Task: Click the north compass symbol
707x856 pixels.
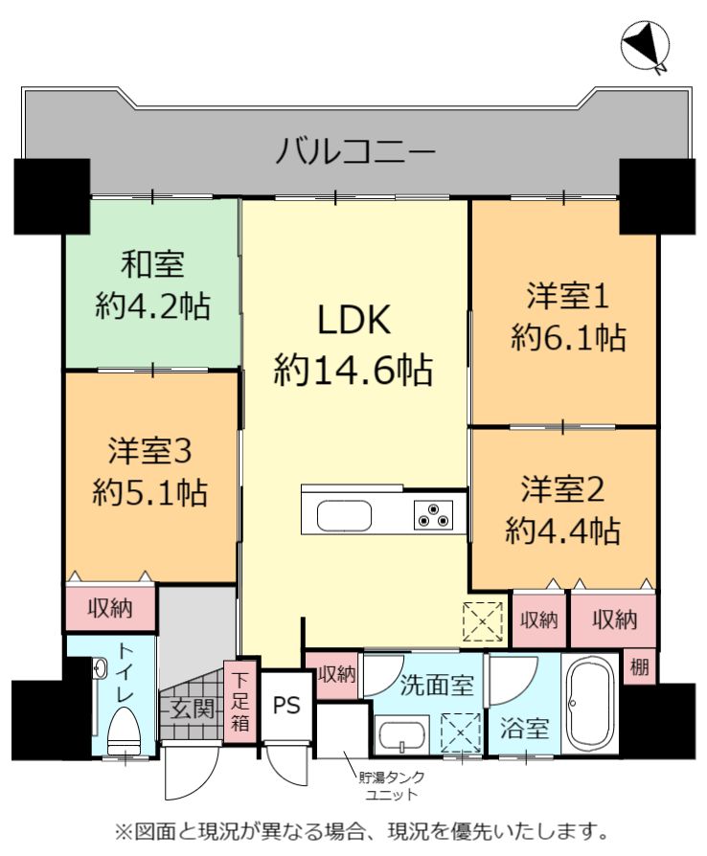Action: coord(646,46)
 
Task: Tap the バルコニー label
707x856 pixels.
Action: coord(355,150)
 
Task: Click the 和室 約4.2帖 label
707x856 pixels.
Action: coord(153,284)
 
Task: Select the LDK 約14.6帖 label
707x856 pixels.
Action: coord(353,344)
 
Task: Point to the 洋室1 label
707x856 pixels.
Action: coord(568,296)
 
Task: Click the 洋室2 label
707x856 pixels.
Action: coord(562,488)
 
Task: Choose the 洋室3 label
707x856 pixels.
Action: coord(149,451)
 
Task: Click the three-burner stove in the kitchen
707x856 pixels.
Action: coord(433,514)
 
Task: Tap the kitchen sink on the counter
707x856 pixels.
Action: coord(344,515)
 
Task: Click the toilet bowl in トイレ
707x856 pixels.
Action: coord(125,731)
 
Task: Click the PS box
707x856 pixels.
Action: coord(286,706)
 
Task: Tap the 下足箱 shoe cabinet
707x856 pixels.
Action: coord(239,702)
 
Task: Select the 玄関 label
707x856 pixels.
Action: coord(192,709)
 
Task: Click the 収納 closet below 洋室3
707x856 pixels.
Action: coord(110,608)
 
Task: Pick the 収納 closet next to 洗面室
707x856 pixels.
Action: coord(337,675)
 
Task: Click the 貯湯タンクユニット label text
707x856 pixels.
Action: coord(391,785)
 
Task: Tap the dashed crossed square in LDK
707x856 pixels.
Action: coord(483,621)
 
